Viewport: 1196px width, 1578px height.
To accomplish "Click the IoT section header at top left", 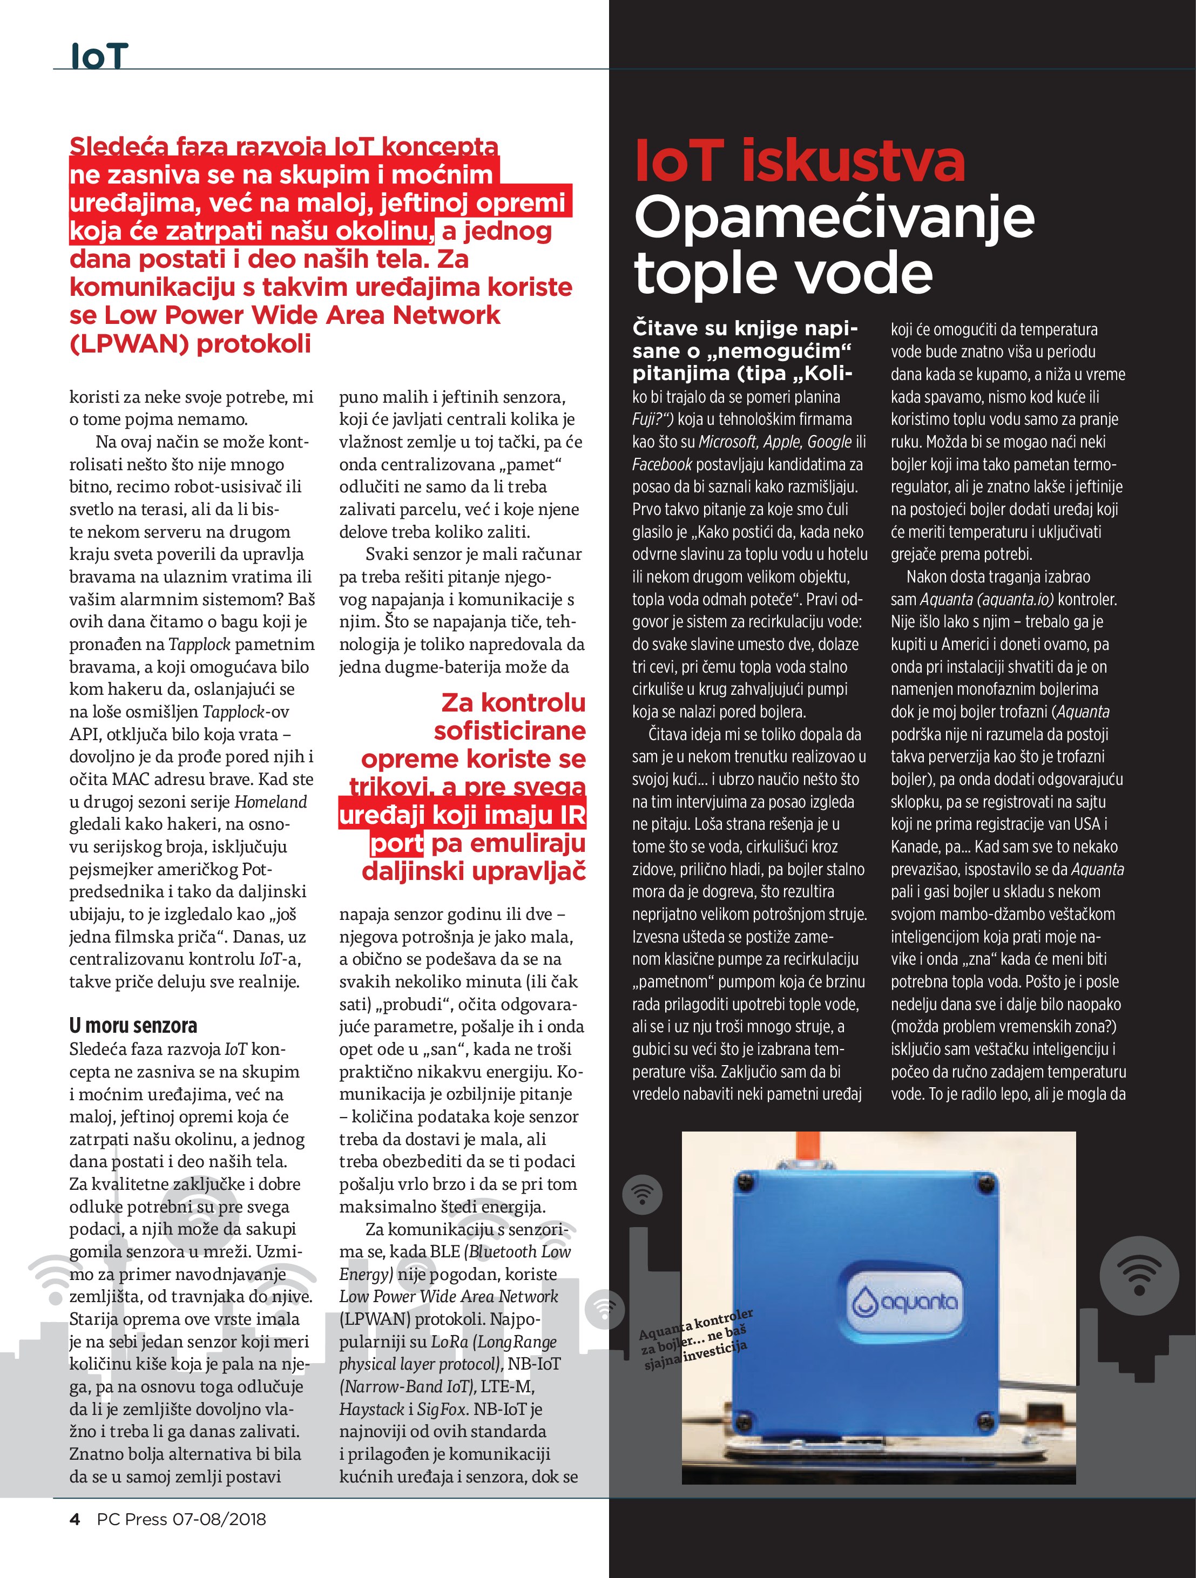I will [99, 56].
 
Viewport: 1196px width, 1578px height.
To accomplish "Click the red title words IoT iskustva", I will [799, 161].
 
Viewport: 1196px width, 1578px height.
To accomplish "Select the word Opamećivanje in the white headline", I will [834, 218].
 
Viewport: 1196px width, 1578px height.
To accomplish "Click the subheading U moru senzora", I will [133, 1025].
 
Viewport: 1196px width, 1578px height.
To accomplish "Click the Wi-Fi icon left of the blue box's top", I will [642, 1194].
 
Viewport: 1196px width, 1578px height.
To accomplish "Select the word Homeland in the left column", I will [271, 802].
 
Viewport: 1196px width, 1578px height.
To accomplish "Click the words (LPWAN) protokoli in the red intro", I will [191, 344].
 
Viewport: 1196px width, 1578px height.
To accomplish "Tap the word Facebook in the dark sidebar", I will [661, 464].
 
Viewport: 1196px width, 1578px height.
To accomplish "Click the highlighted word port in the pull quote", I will [397, 843].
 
